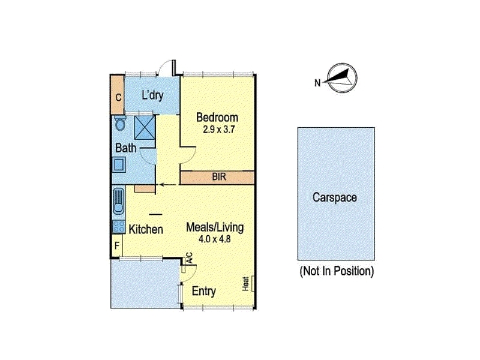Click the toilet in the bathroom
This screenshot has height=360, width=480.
[119, 123]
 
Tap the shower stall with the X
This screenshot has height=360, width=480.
[145, 127]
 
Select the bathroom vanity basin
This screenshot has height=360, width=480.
[119, 164]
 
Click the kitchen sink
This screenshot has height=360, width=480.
[119, 201]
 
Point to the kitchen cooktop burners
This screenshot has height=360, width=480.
[119, 227]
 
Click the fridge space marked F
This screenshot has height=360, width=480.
[116, 245]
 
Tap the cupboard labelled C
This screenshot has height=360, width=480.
[118, 97]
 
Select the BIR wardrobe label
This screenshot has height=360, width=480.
[219, 176]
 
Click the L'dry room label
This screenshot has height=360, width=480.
[152, 95]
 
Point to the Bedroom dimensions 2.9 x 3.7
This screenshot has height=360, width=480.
[218, 130]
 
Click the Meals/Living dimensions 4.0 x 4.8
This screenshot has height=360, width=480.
[215, 239]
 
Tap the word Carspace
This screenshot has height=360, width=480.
[335, 197]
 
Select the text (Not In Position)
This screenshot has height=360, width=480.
[337, 271]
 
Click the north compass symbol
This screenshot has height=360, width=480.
[341, 78]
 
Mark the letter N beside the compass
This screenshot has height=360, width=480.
[317, 83]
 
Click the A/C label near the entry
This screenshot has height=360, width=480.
[189, 257]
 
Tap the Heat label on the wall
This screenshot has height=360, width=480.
[245, 283]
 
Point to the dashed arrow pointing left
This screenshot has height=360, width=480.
[167, 185]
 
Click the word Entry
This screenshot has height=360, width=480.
[204, 291]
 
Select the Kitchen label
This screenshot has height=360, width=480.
[146, 229]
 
